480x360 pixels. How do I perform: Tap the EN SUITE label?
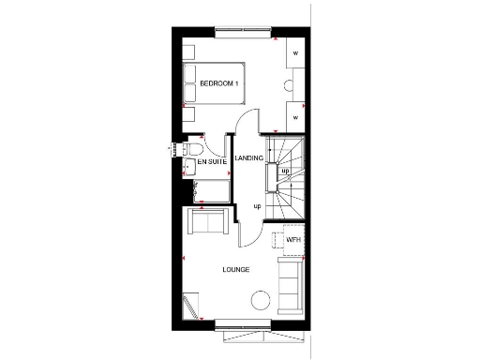(x=212, y=162)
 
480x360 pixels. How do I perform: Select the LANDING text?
(x=248, y=158)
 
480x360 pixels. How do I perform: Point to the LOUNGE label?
(x=235, y=270)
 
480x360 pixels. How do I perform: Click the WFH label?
(x=293, y=240)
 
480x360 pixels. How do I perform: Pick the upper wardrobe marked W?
(x=295, y=53)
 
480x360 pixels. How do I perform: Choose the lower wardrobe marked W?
(x=295, y=117)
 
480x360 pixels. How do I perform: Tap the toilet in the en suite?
(x=194, y=148)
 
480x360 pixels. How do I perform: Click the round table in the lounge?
(x=260, y=300)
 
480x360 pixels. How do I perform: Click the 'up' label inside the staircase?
(x=284, y=171)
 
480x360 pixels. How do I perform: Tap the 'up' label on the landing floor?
(x=257, y=205)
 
